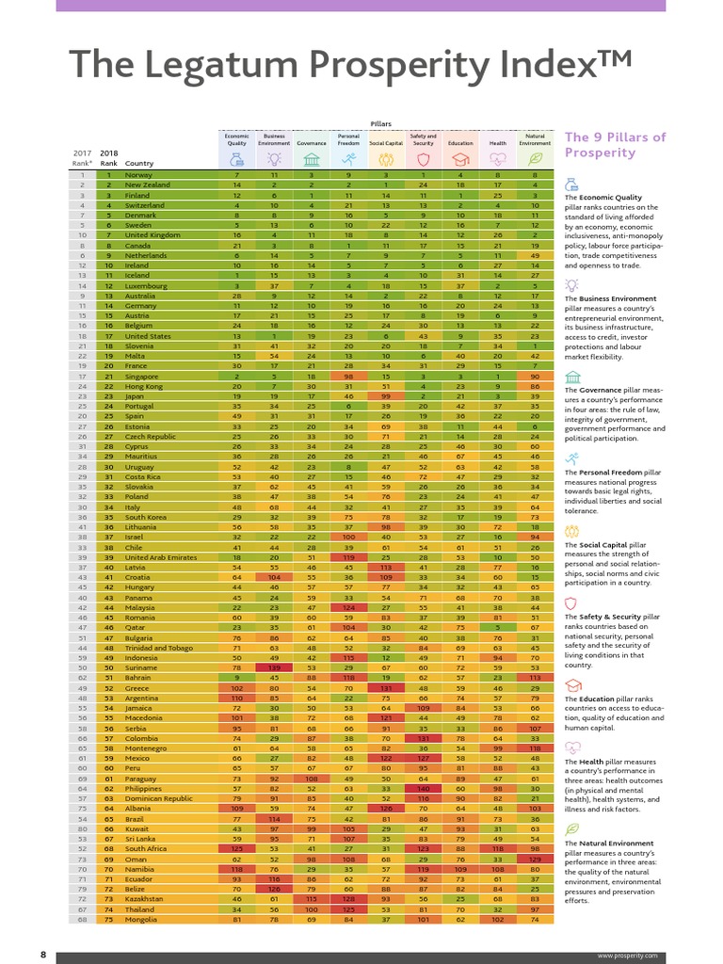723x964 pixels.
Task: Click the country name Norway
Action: [x=138, y=175]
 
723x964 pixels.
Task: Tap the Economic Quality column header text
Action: [x=236, y=139]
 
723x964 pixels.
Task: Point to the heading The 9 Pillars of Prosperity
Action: [x=615, y=145]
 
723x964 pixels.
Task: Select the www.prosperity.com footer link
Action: [x=624, y=956]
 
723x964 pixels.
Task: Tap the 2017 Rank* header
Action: [x=82, y=157]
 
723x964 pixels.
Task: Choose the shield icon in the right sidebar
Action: [x=570, y=603]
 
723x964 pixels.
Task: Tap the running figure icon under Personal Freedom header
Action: [x=348, y=160]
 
